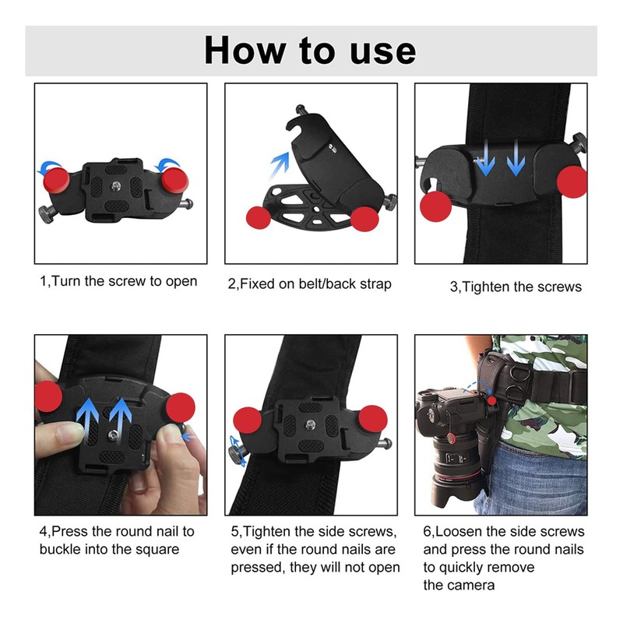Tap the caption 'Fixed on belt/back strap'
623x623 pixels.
[309, 284]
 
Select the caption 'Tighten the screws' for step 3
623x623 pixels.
[516, 287]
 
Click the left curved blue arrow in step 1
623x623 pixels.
[51, 165]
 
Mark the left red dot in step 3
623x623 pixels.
[434, 206]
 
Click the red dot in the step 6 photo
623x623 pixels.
[492, 402]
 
